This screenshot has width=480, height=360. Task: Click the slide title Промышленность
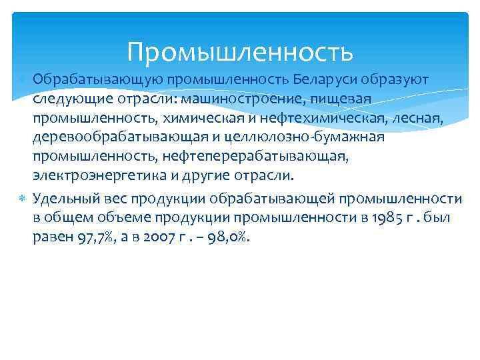[239, 50]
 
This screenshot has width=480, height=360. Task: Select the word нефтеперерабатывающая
[281, 157]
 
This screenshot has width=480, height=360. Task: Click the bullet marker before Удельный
[23, 198]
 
